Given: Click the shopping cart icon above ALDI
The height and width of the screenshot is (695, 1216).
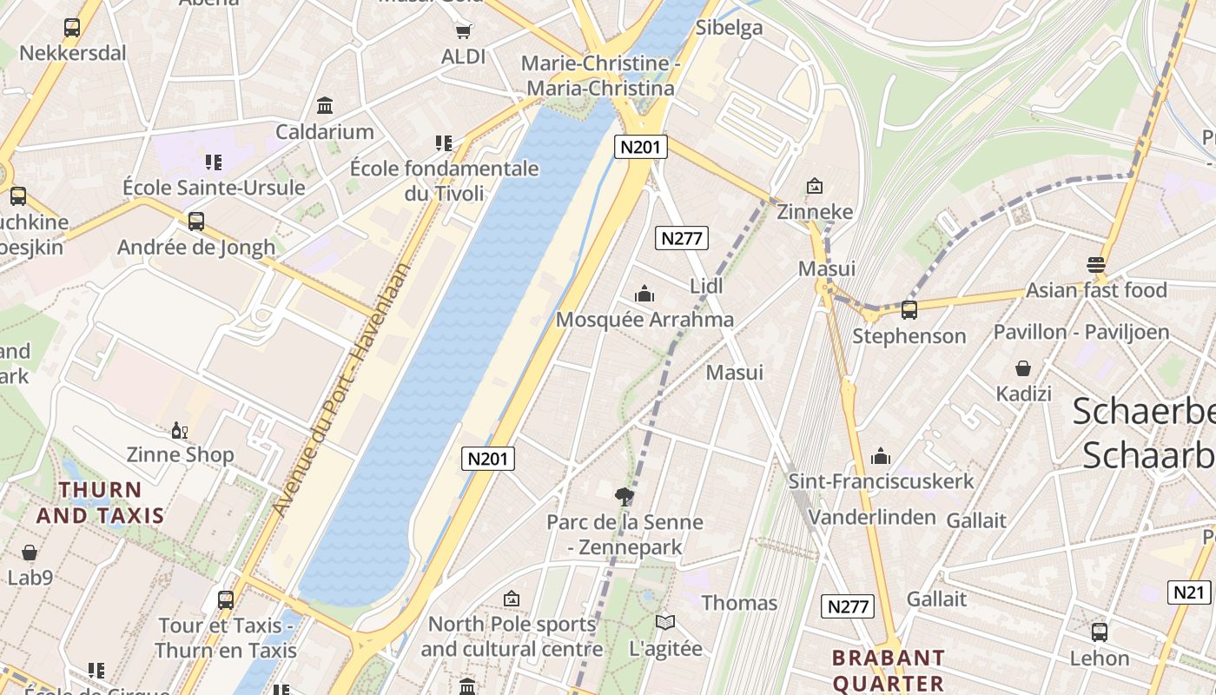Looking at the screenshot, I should click(464, 31).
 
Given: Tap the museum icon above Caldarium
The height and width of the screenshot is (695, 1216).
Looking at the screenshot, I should click(325, 106).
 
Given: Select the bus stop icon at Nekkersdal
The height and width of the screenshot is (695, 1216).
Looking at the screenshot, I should click(72, 28).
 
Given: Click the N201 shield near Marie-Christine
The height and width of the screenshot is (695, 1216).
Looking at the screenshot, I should click(641, 147).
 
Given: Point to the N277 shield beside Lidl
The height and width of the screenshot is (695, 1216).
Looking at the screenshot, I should click(682, 238).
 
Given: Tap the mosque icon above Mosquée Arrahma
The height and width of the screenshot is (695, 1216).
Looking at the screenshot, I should click(644, 295).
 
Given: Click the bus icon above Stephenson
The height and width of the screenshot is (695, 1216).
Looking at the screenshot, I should click(909, 310).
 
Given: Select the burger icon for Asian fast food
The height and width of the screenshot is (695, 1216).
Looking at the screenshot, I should click(1096, 265).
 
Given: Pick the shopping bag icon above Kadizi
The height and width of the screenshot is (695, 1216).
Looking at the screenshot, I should click(1023, 369).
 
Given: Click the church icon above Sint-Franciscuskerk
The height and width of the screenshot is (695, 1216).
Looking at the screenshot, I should click(881, 456).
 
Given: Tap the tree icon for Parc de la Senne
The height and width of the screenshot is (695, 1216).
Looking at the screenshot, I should click(624, 497).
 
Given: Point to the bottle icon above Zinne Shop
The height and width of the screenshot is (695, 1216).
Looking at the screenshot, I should click(180, 430).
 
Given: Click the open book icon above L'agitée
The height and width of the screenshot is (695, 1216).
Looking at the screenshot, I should click(665, 623).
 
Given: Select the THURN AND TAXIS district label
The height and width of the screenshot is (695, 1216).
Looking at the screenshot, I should click(100, 502).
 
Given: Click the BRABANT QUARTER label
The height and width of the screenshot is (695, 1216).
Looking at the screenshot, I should click(888, 670).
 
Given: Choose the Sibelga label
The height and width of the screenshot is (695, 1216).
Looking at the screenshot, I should click(729, 28).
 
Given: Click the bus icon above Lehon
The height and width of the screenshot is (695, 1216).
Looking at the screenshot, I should click(1099, 632).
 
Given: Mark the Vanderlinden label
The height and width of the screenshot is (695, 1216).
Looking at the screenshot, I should click(872, 518).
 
